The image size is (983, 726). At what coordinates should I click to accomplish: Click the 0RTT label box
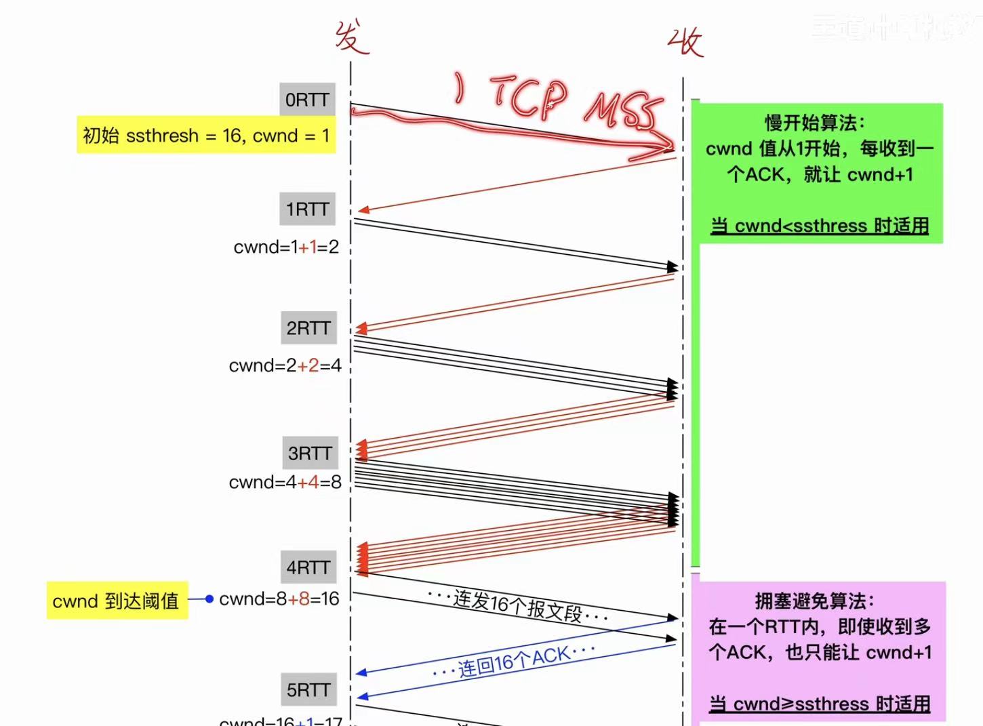point(307,100)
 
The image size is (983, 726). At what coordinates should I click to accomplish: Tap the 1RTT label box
point(307,209)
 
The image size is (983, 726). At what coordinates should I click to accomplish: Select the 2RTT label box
point(308,328)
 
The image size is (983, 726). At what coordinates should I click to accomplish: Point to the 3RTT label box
point(310,453)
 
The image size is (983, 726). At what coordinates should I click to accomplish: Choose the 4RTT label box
point(308,567)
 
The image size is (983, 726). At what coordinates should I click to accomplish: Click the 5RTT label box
point(308,690)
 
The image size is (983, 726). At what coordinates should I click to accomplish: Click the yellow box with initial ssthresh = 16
point(206,135)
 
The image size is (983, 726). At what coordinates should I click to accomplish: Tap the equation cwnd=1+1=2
point(286,247)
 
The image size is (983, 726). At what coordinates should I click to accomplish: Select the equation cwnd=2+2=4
point(285,365)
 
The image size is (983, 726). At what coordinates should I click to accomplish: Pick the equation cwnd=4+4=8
point(285,482)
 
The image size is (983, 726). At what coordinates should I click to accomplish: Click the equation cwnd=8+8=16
point(279,599)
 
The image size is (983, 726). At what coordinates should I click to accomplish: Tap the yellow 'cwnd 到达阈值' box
point(116,601)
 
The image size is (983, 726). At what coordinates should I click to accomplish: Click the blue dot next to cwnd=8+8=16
point(209,599)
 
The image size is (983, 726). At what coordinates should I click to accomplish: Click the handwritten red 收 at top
point(685,42)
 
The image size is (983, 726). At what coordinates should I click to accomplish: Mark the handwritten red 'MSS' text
point(622,108)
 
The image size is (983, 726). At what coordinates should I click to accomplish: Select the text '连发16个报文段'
point(518,605)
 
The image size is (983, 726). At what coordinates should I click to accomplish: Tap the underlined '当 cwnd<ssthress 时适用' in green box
point(820,225)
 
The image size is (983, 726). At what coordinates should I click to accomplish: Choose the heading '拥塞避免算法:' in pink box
point(815,601)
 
